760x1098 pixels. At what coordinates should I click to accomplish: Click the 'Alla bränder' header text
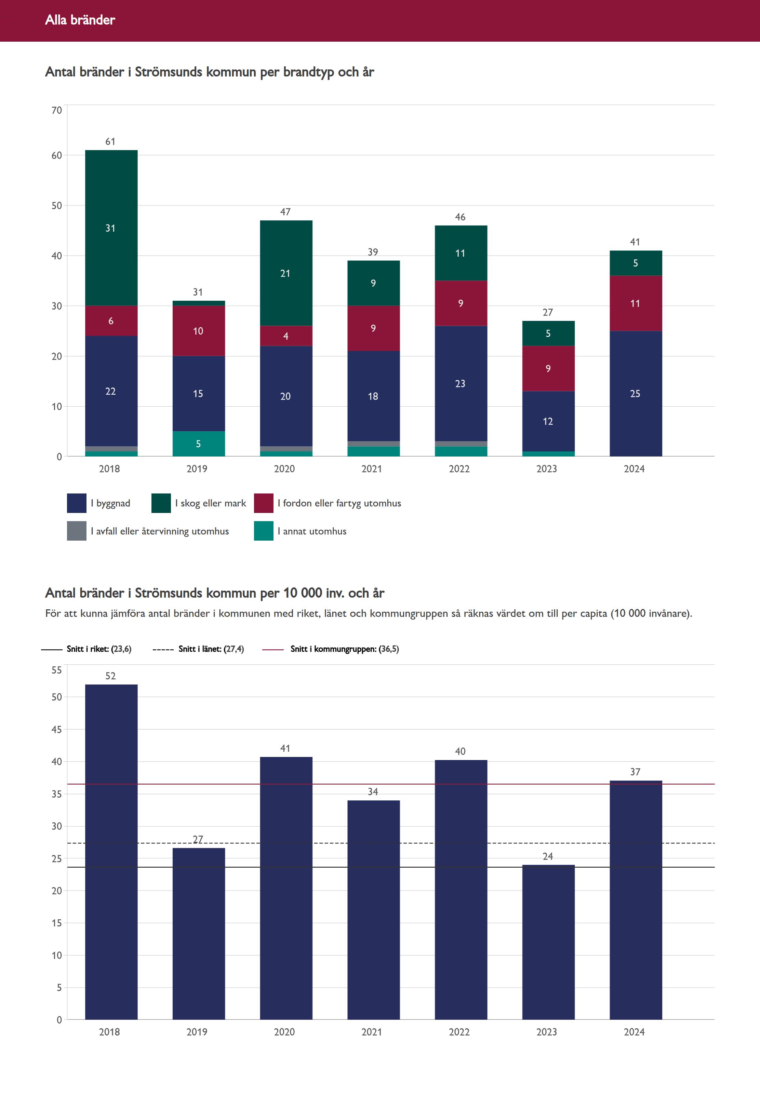(x=80, y=20)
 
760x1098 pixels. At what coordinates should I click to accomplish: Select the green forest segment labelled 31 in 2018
(x=111, y=228)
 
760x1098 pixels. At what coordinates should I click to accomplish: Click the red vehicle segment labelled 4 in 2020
(x=286, y=336)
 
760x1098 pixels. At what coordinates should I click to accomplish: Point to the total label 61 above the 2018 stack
(x=110, y=141)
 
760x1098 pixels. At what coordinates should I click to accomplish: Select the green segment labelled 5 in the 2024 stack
(x=635, y=263)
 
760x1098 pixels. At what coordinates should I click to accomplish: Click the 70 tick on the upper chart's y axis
(x=57, y=110)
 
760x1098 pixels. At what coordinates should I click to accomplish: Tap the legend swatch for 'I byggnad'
(x=76, y=503)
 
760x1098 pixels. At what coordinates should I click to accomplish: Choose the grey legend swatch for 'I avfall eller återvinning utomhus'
(x=76, y=531)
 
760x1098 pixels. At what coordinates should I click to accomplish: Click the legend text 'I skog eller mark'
(x=211, y=503)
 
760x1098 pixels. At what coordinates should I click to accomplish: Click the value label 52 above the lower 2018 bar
(x=110, y=676)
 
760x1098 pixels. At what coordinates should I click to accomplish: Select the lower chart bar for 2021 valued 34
(x=373, y=909)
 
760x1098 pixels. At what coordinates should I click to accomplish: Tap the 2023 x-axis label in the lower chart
(x=547, y=1032)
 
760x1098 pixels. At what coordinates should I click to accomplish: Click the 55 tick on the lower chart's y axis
(x=57, y=670)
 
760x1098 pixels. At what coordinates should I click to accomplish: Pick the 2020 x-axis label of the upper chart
(x=284, y=469)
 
